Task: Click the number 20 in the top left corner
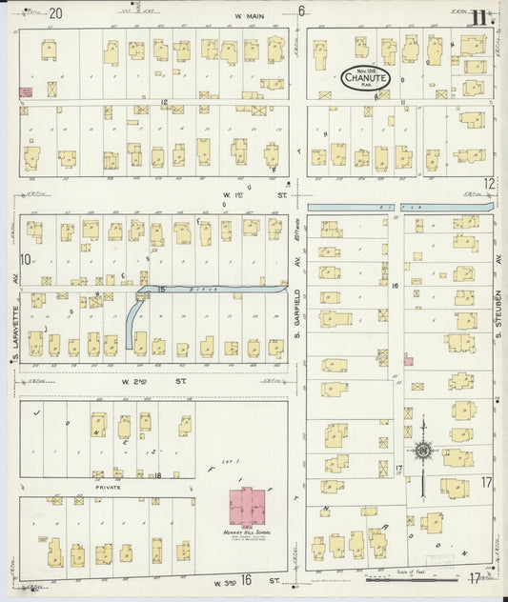click(x=56, y=13)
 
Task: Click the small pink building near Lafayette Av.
click(x=26, y=92)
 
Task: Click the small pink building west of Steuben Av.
click(x=408, y=360)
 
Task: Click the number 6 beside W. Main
click(x=300, y=12)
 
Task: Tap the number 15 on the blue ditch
click(x=161, y=289)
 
